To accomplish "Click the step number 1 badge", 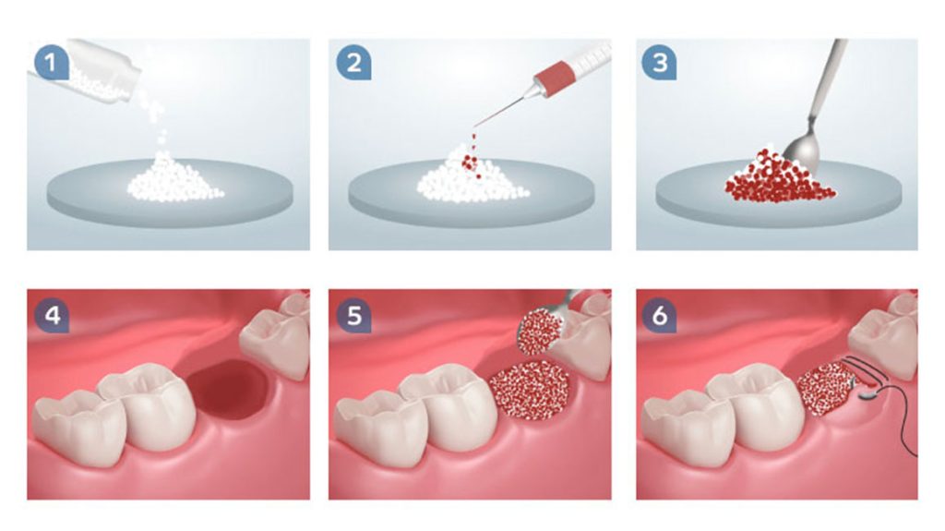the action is tap(51, 62).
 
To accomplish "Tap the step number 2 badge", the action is tap(353, 62).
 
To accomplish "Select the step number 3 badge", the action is tap(659, 62).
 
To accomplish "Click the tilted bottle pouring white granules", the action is tap(90, 71).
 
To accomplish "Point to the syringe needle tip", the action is tap(473, 127).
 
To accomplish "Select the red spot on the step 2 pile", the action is tap(469, 163).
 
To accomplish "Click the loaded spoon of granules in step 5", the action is tap(540, 332).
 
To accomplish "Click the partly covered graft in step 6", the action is tap(823, 389).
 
